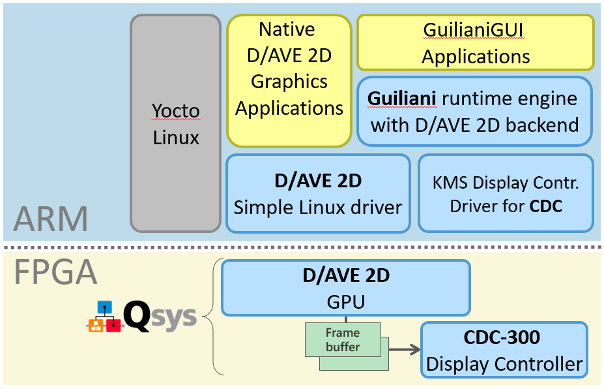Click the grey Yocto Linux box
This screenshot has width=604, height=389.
(175, 123)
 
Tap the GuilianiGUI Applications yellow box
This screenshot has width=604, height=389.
(475, 43)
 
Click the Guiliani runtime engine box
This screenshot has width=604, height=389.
(474, 112)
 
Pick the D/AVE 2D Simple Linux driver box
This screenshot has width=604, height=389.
(318, 193)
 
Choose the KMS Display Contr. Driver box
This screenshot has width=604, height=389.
(506, 193)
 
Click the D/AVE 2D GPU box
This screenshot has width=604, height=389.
(345, 288)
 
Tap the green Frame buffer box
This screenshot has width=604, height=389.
(343, 339)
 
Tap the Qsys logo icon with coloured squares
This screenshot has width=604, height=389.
(104, 317)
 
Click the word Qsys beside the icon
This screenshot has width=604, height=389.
(160, 317)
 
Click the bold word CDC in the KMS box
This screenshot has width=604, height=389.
(545, 206)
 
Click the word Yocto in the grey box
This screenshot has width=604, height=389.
(175, 110)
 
